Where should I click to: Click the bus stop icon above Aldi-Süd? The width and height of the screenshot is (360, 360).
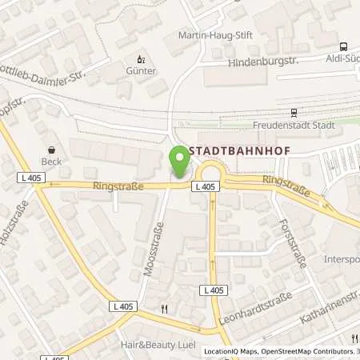(x=343, y=46)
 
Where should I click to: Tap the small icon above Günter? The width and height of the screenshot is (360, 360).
(x=140, y=58)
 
